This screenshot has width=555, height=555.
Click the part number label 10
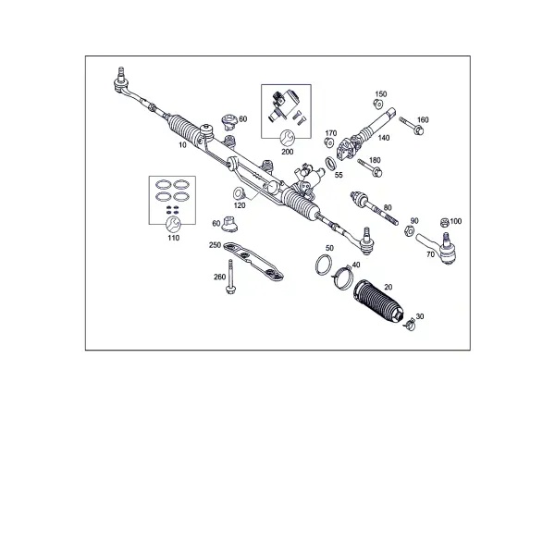[x=182, y=145]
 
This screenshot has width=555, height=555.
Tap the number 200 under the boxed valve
[x=288, y=152]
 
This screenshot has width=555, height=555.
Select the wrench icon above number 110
[x=174, y=224]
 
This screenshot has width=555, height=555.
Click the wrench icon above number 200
[x=287, y=138]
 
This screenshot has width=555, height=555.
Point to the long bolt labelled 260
[x=230, y=277]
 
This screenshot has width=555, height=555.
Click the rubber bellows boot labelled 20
[x=377, y=301]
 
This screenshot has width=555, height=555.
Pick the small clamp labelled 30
[x=410, y=324]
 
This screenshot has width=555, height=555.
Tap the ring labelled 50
[x=324, y=265]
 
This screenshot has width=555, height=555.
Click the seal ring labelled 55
[x=331, y=164]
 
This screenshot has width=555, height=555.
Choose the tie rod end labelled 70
[x=438, y=248]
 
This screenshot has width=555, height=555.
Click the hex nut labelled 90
[x=408, y=230]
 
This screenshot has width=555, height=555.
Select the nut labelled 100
[x=445, y=223]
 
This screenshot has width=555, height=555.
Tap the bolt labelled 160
[x=412, y=126]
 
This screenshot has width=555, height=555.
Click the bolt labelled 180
[x=370, y=167]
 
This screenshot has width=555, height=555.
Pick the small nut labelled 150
[x=378, y=104]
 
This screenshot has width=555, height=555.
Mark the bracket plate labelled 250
[x=253, y=261]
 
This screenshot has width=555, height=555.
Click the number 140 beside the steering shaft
[x=384, y=138]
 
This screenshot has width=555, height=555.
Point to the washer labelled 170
[x=329, y=142]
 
